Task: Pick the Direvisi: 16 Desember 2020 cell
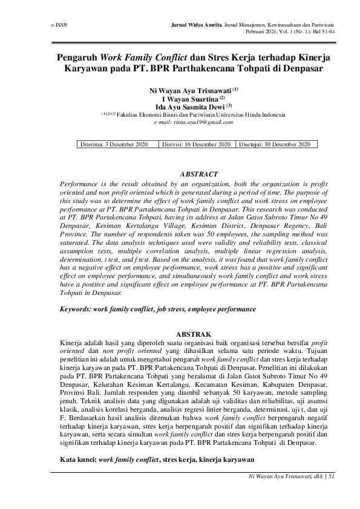197,144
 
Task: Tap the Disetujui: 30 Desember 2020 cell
275,144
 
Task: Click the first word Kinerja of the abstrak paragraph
72,342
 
